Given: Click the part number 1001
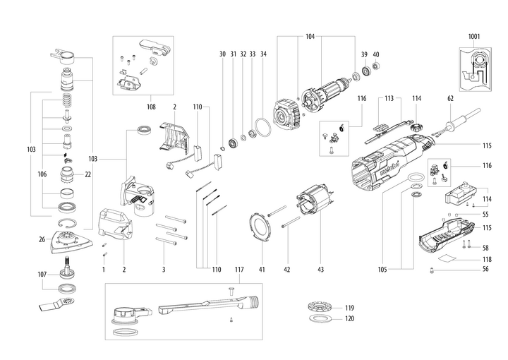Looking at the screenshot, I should pyautogui.click(x=473, y=35).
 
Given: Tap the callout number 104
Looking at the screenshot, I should pyautogui.click(x=310, y=35).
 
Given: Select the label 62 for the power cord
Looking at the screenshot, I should pyautogui.click(x=449, y=100).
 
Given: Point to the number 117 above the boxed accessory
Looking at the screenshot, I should pyautogui.click(x=238, y=269).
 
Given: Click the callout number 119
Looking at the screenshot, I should pyautogui.click(x=349, y=308).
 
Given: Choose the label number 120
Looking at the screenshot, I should pyautogui.click(x=349, y=319).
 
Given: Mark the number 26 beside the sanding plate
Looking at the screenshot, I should pyautogui.click(x=42, y=239).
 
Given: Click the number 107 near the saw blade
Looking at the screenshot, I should pyautogui.click(x=42, y=274).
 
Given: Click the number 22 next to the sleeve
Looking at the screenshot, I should pyautogui.click(x=88, y=174).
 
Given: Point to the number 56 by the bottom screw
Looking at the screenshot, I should pyautogui.click(x=485, y=269).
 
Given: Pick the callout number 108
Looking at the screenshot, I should pyautogui.click(x=150, y=107).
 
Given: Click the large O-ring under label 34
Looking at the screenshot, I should pyautogui.click(x=263, y=129).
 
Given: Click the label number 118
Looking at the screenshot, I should pyautogui.click(x=485, y=259).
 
